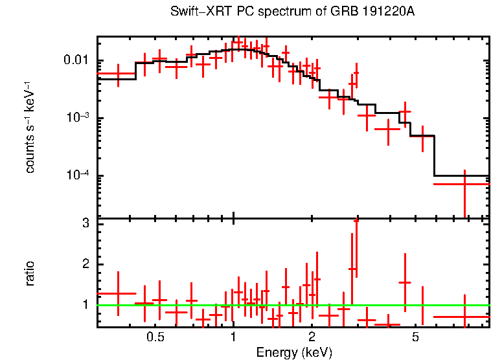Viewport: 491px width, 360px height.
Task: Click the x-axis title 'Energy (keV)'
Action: point(293,352)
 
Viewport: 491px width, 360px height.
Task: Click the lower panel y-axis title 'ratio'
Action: point(30,273)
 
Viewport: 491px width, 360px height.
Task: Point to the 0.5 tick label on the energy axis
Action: point(155,337)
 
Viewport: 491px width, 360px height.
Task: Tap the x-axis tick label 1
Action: point(233,337)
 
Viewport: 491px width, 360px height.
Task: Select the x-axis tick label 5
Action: point(416,337)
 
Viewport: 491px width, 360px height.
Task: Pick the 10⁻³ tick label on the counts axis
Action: point(80,118)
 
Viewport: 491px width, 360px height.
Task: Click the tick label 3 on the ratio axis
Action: point(84,223)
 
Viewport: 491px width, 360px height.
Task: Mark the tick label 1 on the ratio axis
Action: point(84,304)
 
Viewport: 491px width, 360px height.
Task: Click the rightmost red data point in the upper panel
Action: point(464,184)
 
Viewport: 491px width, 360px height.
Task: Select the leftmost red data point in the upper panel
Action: point(117,74)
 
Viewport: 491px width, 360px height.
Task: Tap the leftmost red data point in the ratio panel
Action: point(117,293)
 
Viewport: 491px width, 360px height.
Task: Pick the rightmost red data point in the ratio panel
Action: point(464,317)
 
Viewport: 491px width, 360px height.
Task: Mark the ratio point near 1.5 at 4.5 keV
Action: point(405,282)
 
